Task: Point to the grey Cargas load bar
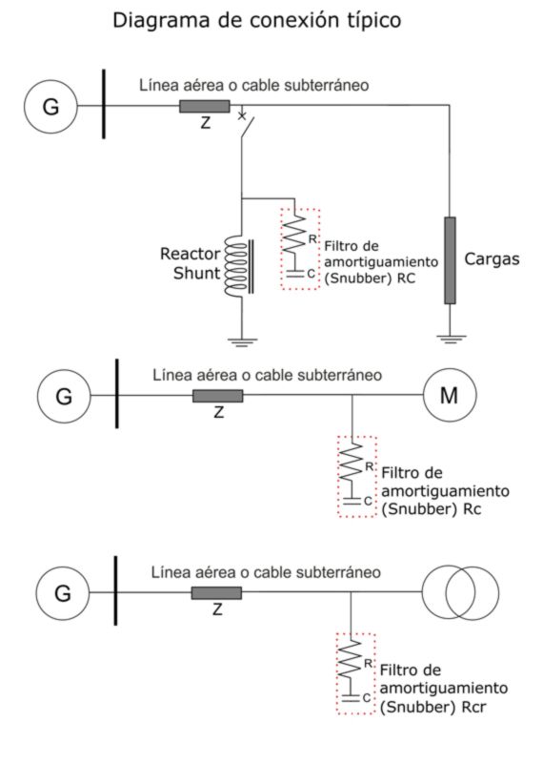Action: (451, 260)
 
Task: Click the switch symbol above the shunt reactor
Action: (246, 125)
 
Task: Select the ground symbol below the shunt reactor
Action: (242, 341)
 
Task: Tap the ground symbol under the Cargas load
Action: (451, 339)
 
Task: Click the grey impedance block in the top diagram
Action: (205, 106)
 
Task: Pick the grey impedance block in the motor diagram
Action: (218, 396)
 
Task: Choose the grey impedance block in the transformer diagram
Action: (216, 592)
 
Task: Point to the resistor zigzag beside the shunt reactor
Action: (295, 235)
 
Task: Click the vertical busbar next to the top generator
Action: (104, 104)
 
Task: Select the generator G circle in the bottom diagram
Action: (63, 592)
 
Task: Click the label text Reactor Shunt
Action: (191, 263)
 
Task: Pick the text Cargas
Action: (492, 259)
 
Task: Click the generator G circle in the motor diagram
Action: (64, 396)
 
